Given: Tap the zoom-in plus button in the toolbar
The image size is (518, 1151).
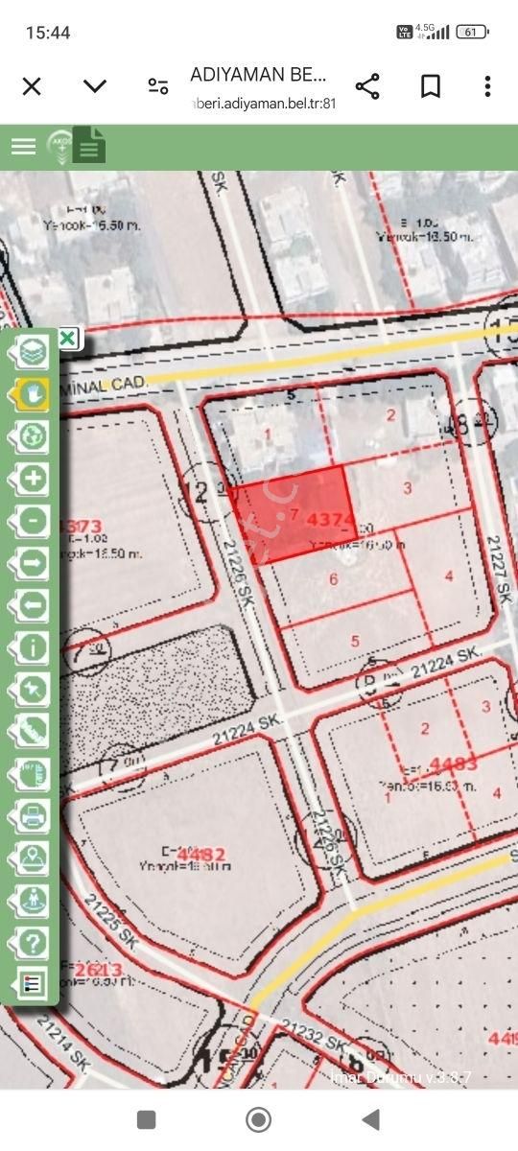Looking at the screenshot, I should (x=34, y=478).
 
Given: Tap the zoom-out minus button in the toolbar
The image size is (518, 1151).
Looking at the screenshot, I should (x=34, y=521).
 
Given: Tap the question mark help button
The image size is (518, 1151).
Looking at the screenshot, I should (x=34, y=943).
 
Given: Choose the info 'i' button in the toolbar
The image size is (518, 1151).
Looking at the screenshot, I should (x=34, y=647).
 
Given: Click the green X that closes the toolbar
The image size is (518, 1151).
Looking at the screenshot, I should (x=67, y=338).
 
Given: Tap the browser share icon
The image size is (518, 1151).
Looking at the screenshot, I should (x=367, y=86).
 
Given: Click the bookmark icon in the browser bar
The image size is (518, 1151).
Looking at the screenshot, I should (x=431, y=86).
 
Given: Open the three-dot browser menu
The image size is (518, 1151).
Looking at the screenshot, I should (x=487, y=86).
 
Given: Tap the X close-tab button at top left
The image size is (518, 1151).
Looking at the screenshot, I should (x=32, y=86).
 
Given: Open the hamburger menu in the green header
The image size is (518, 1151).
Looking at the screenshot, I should (x=23, y=146).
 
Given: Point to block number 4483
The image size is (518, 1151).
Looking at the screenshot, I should (x=453, y=764).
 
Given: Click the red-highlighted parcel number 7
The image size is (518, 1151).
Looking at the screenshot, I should (x=294, y=514).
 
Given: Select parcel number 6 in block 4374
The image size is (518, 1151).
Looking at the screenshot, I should (x=333, y=578).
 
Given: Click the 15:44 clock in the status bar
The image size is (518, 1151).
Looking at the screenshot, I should (x=48, y=33).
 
